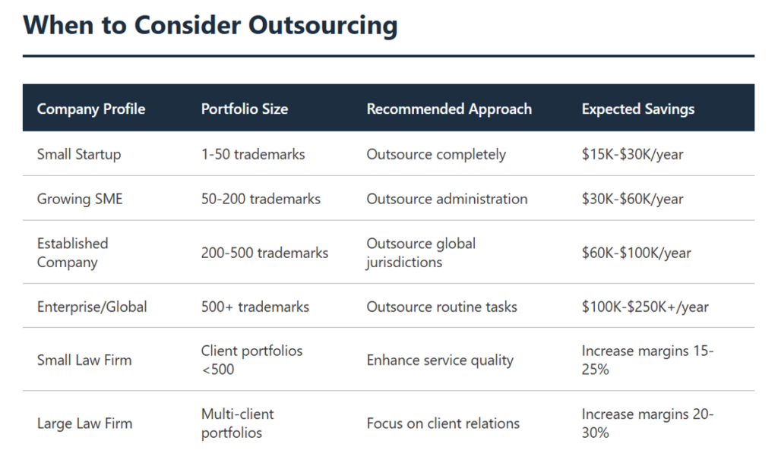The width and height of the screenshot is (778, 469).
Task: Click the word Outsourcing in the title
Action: (x=324, y=25)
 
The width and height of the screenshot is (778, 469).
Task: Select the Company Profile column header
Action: (x=90, y=109)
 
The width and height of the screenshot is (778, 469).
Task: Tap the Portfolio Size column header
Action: (x=244, y=109)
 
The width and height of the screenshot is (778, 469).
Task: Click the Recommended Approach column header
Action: (x=449, y=109)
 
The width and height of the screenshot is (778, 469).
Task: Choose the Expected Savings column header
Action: (x=637, y=109)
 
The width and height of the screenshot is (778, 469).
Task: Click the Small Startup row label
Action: (x=79, y=154)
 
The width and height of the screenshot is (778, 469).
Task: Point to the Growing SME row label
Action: (x=80, y=199)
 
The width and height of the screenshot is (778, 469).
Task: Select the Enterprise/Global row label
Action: (x=92, y=307)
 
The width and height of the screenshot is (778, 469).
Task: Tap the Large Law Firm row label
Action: (x=84, y=423)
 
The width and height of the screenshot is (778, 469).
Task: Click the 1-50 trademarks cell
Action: (x=253, y=154)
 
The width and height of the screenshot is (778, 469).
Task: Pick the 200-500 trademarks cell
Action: (x=264, y=253)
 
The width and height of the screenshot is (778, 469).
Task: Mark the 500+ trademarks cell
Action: (x=255, y=307)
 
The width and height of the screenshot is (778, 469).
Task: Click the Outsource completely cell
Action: (x=436, y=154)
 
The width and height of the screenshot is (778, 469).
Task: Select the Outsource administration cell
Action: (x=447, y=199)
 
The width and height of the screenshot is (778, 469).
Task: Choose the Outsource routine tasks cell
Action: (x=441, y=307)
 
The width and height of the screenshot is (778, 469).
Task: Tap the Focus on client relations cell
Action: (x=443, y=423)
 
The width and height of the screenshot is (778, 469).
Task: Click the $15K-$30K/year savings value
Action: (x=632, y=154)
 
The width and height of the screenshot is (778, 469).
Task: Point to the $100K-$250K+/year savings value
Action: (x=645, y=307)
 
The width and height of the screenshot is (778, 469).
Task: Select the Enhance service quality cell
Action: (x=440, y=360)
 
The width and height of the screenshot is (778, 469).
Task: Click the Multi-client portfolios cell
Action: (x=238, y=423)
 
